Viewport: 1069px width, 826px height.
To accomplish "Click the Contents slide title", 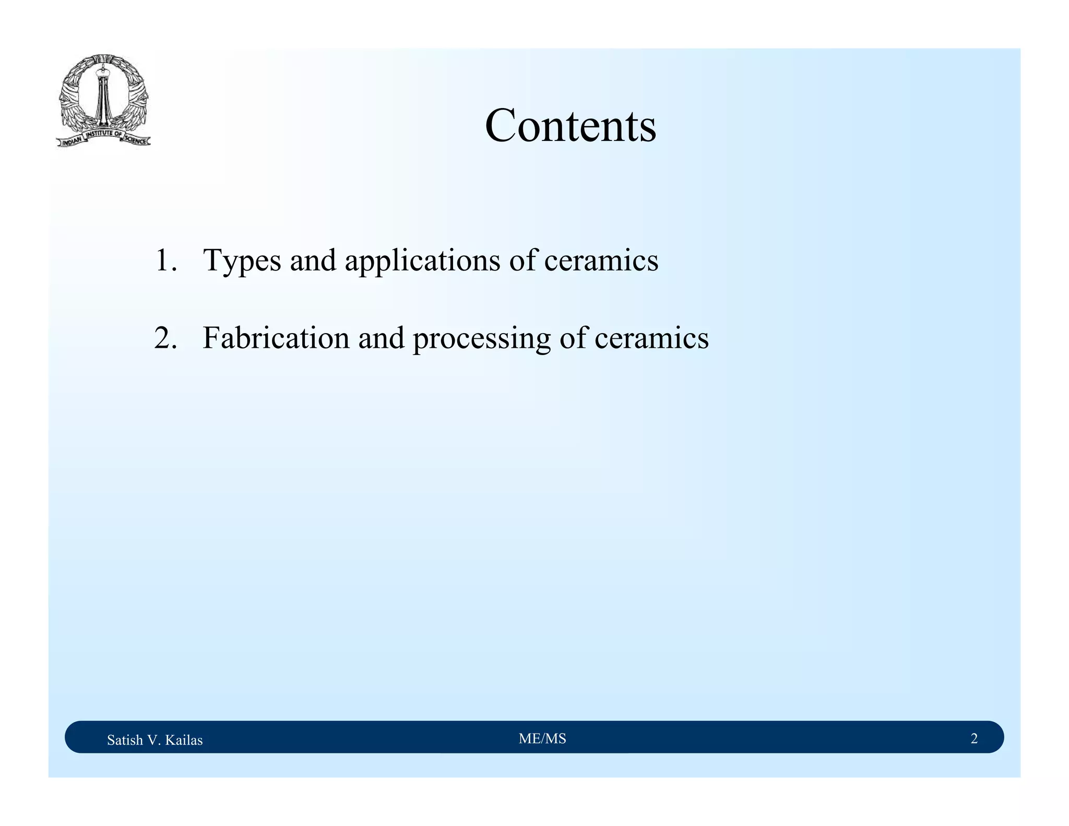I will (x=571, y=126).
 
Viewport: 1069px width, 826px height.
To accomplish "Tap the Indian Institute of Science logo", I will (x=103, y=101).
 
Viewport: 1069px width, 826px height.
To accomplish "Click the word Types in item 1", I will (x=242, y=261).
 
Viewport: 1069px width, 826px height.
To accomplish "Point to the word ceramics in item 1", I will (x=601, y=261).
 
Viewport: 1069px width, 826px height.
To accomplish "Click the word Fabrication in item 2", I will (x=276, y=338).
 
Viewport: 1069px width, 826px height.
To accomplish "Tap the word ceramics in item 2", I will (x=651, y=338).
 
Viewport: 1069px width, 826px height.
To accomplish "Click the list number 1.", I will (x=165, y=261).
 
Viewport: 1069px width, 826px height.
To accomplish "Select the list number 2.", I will (x=165, y=338).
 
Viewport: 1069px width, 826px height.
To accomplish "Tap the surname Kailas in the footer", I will (x=184, y=740).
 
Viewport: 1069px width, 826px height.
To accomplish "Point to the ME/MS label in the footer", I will (x=542, y=738).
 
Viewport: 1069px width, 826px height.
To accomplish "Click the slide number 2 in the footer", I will (x=974, y=738).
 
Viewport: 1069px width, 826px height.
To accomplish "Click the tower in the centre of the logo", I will (x=102, y=97).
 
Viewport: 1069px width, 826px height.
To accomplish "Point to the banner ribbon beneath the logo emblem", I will (x=103, y=138).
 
